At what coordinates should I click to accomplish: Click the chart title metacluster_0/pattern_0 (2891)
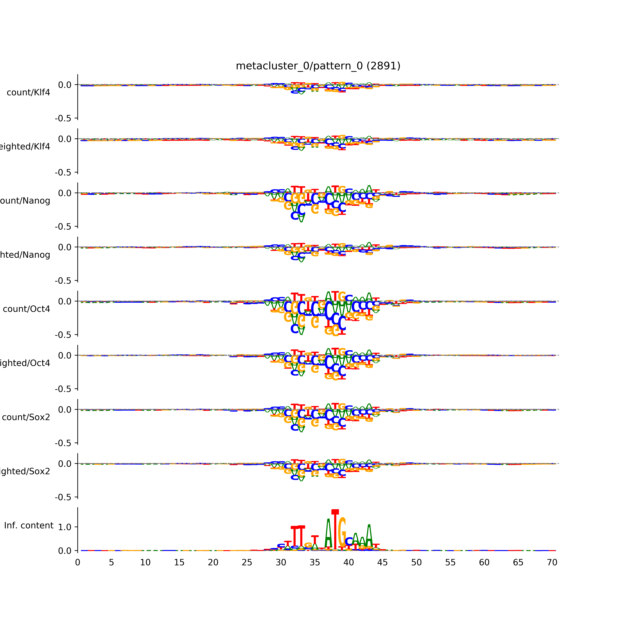point(318,66)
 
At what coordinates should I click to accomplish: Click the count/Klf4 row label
point(28,93)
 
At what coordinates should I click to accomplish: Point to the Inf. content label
point(29,526)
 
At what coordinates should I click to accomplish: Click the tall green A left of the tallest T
point(328,535)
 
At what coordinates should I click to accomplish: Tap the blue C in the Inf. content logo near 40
point(349,542)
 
